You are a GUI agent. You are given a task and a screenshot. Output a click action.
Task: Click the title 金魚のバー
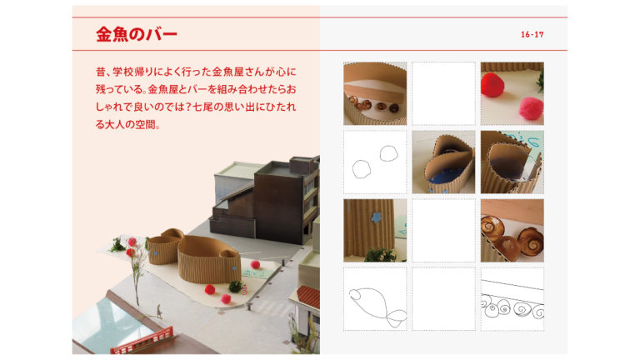pyautogui.click(x=137, y=35)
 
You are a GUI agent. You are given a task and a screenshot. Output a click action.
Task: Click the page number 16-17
pyautogui.click(x=532, y=35)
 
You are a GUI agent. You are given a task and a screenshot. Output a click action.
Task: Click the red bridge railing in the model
pyautogui.click(x=142, y=339)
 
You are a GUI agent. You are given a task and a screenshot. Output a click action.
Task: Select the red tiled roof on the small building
pyautogui.click(x=308, y=296)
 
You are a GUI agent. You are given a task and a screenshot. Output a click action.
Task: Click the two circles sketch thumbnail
pyautogui.click(x=375, y=162)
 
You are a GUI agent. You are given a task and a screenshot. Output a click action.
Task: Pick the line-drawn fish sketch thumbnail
pyautogui.click(x=375, y=298)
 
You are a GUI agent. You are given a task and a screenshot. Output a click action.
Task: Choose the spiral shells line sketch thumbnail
pyautogui.click(x=512, y=298)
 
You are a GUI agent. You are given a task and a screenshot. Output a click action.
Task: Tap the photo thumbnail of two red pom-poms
pyautogui.click(x=512, y=93)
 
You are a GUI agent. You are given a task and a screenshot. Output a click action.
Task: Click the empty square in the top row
pyautogui.click(x=443, y=93)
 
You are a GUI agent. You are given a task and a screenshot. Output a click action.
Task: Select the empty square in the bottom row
pyautogui.click(x=443, y=298)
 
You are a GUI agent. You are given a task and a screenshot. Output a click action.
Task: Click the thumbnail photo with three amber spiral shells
pyautogui.click(x=512, y=230)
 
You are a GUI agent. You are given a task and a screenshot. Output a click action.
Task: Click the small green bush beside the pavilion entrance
pyautogui.click(x=236, y=286)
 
